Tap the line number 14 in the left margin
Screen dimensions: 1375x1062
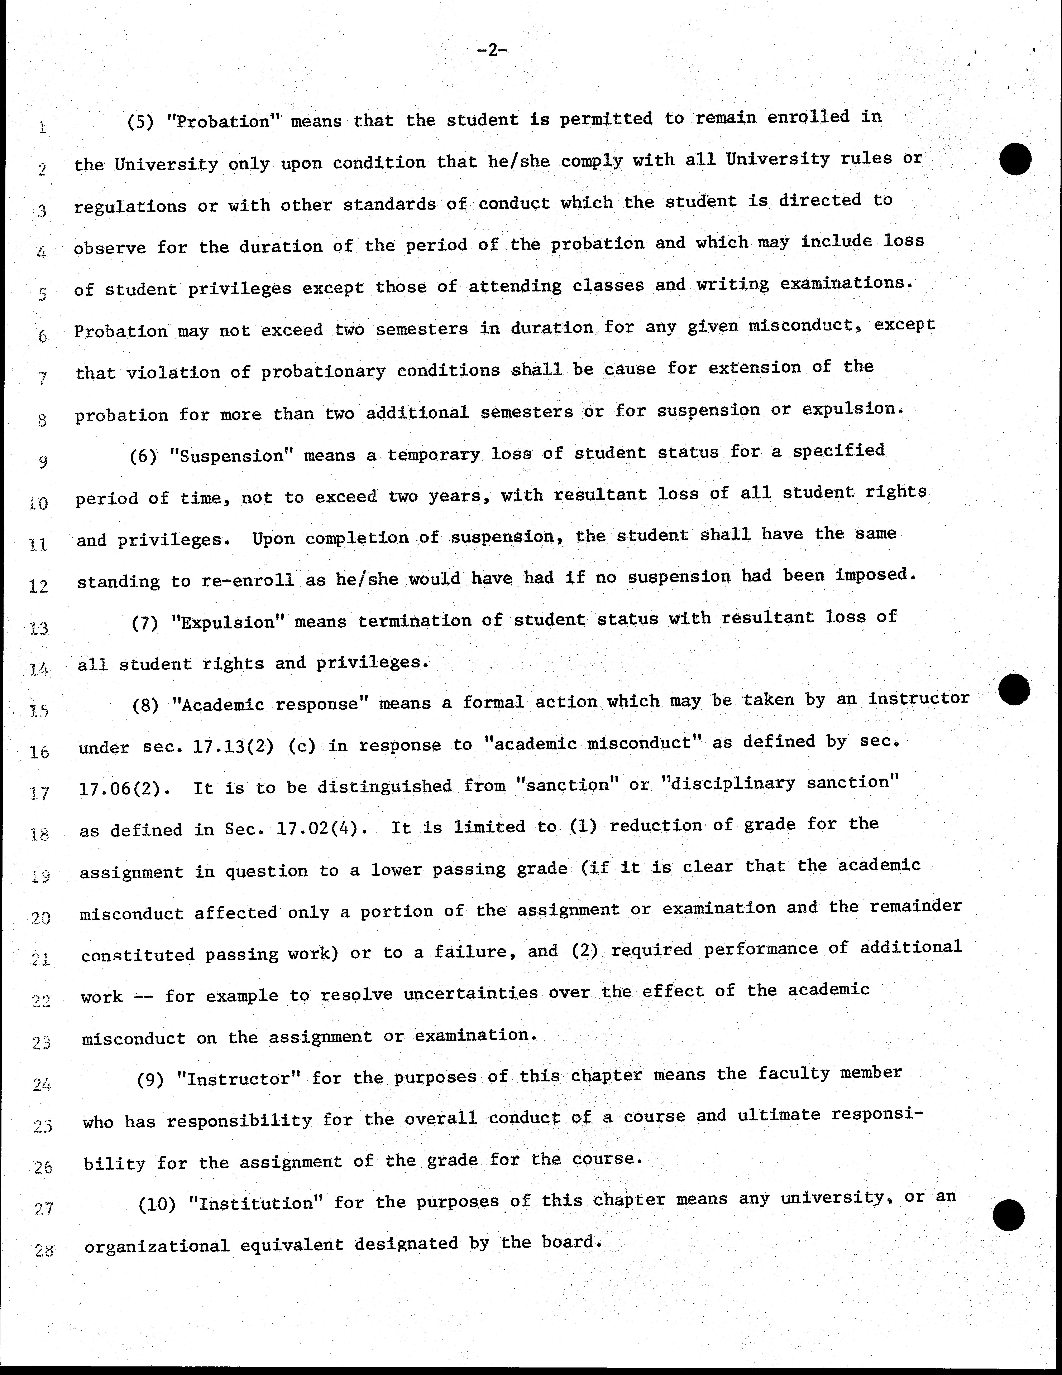point(39,669)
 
